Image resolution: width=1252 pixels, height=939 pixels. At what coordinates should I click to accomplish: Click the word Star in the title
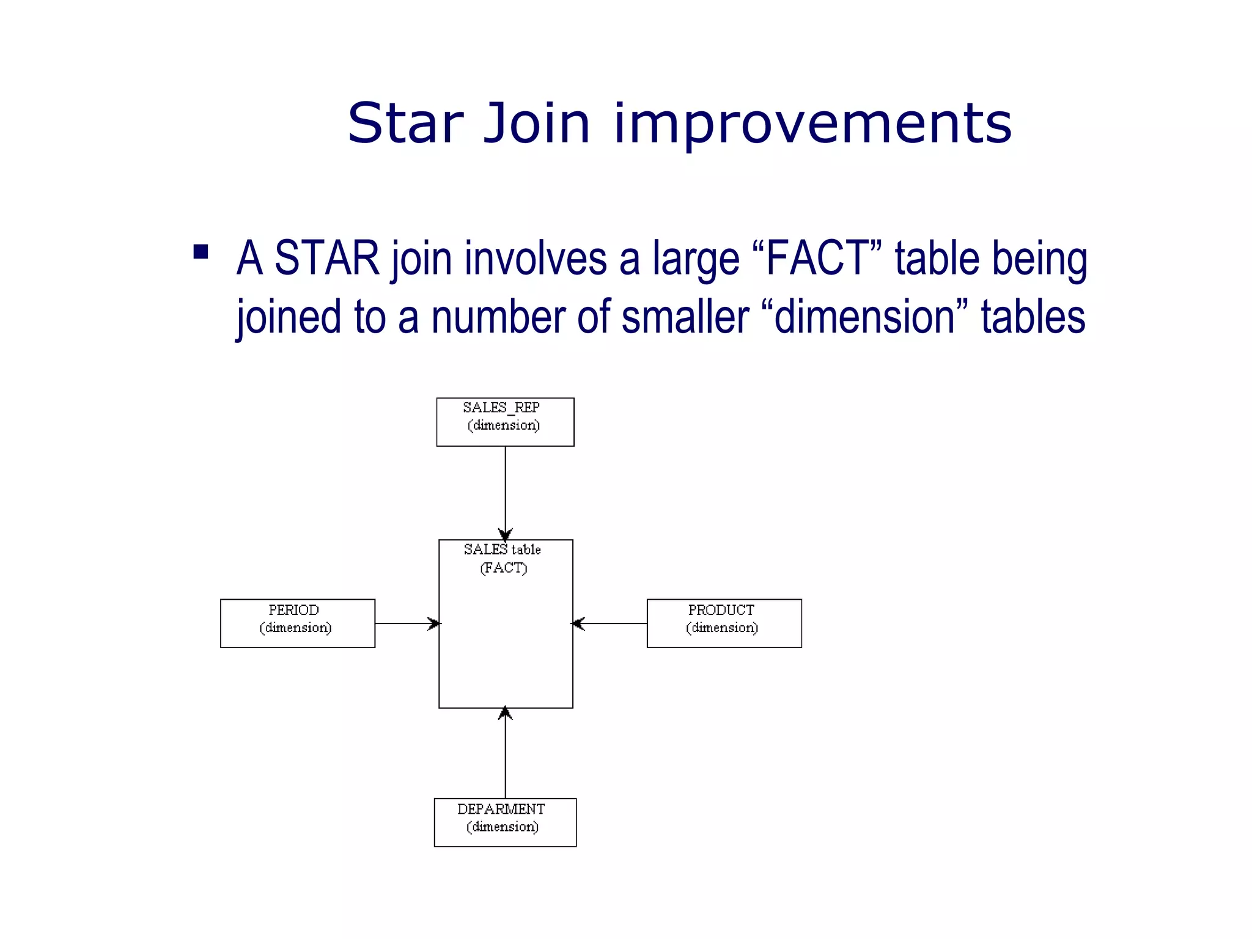[x=405, y=123]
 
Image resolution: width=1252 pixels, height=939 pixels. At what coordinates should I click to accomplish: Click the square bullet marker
[x=201, y=252]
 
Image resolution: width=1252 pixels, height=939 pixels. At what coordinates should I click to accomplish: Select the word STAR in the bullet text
[x=326, y=259]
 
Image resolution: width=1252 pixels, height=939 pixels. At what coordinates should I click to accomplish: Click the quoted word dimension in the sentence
[x=864, y=317]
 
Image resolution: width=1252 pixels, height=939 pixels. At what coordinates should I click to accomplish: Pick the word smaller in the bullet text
[x=685, y=317]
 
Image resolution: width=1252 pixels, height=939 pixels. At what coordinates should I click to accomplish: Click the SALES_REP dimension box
[x=505, y=422]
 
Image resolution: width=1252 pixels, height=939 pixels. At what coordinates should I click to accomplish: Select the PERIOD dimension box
[x=297, y=623]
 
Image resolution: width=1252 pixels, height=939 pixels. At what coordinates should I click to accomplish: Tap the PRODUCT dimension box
[x=724, y=623]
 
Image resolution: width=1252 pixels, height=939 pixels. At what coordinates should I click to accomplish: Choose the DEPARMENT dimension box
[x=505, y=822]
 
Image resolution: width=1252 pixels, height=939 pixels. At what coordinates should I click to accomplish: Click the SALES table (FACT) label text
[x=503, y=558]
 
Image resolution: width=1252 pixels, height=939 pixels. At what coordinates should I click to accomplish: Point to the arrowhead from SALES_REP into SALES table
[x=505, y=534]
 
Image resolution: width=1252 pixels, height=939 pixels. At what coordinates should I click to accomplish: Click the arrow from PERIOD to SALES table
[x=407, y=624]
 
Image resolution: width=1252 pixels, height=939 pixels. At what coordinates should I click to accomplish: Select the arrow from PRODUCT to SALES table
[x=609, y=624]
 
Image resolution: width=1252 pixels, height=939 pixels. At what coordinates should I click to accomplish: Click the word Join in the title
[x=537, y=124]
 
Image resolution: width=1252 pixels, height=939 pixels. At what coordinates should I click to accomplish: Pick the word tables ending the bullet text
[x=1033, y=317]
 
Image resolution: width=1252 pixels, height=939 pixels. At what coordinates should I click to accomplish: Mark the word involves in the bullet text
[x=536, y=259]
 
